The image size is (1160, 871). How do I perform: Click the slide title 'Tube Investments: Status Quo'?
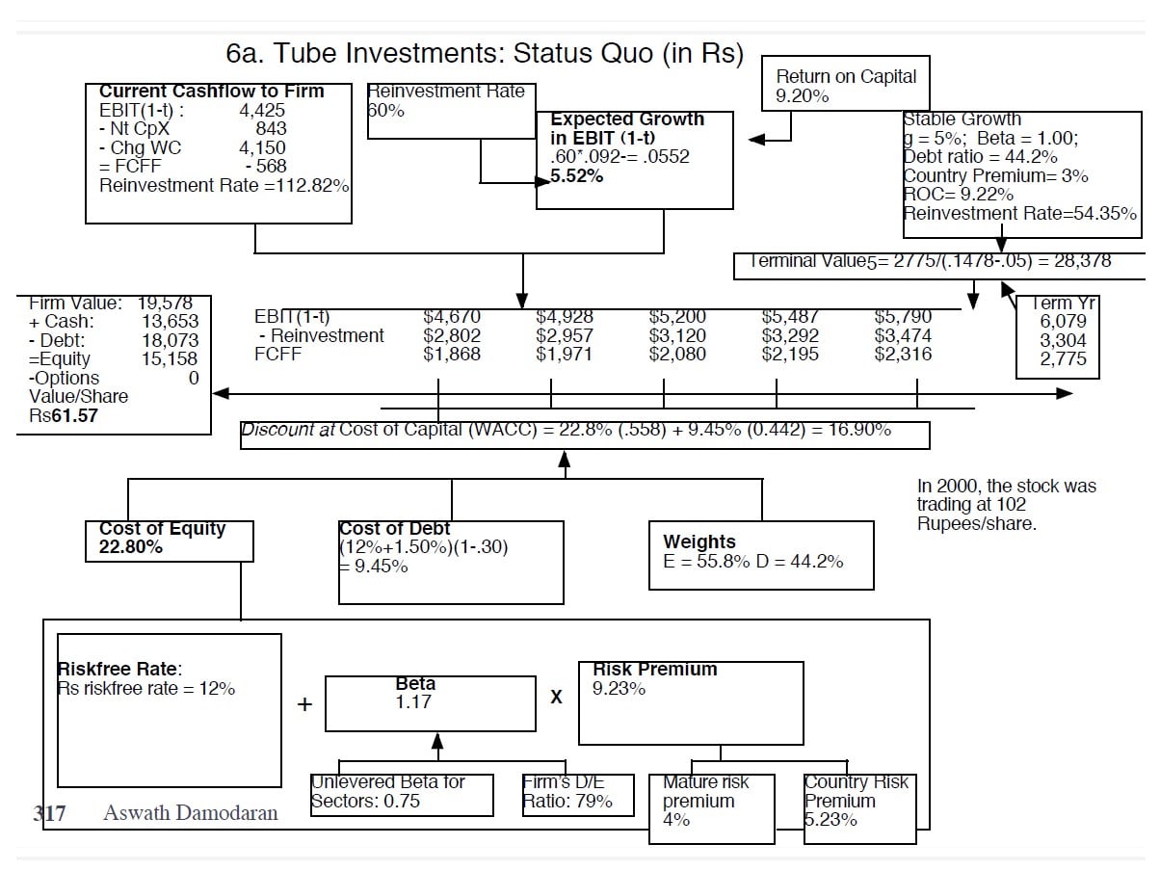click(485, 53)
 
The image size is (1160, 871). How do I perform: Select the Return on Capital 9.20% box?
click(847, 86)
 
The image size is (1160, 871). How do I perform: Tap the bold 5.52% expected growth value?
click(577, 176)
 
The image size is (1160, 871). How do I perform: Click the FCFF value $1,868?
click(452, 355)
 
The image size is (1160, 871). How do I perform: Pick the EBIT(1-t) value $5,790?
click(903, 317)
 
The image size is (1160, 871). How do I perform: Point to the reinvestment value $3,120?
click(677, 336)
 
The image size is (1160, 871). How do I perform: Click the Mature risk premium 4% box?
click(711, 809)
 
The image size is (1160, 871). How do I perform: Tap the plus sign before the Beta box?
click(304, 704)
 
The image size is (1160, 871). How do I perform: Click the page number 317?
click(50, 813)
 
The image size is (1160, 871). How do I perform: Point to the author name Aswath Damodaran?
click(191, 813)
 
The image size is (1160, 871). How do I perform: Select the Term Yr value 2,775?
click(1063, 359)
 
